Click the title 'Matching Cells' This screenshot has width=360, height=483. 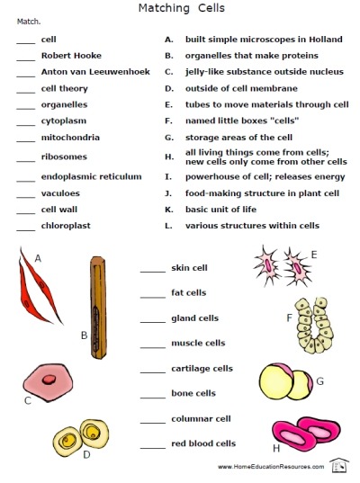[181, 8]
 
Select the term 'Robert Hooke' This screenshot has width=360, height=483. [65, 56]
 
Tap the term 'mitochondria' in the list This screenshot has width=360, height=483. [70, 138]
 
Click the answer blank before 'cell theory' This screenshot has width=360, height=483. [25, 89]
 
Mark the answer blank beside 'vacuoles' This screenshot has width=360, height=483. [25, 193]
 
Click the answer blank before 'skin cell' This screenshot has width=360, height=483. [153, 268]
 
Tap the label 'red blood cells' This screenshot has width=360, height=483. [203, 443]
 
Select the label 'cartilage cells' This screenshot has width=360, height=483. [202, 368]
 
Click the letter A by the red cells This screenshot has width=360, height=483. [38, 258]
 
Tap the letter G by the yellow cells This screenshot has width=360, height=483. [319, 381]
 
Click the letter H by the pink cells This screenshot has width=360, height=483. [276, 448]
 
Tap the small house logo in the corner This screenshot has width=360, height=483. [339, 465]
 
